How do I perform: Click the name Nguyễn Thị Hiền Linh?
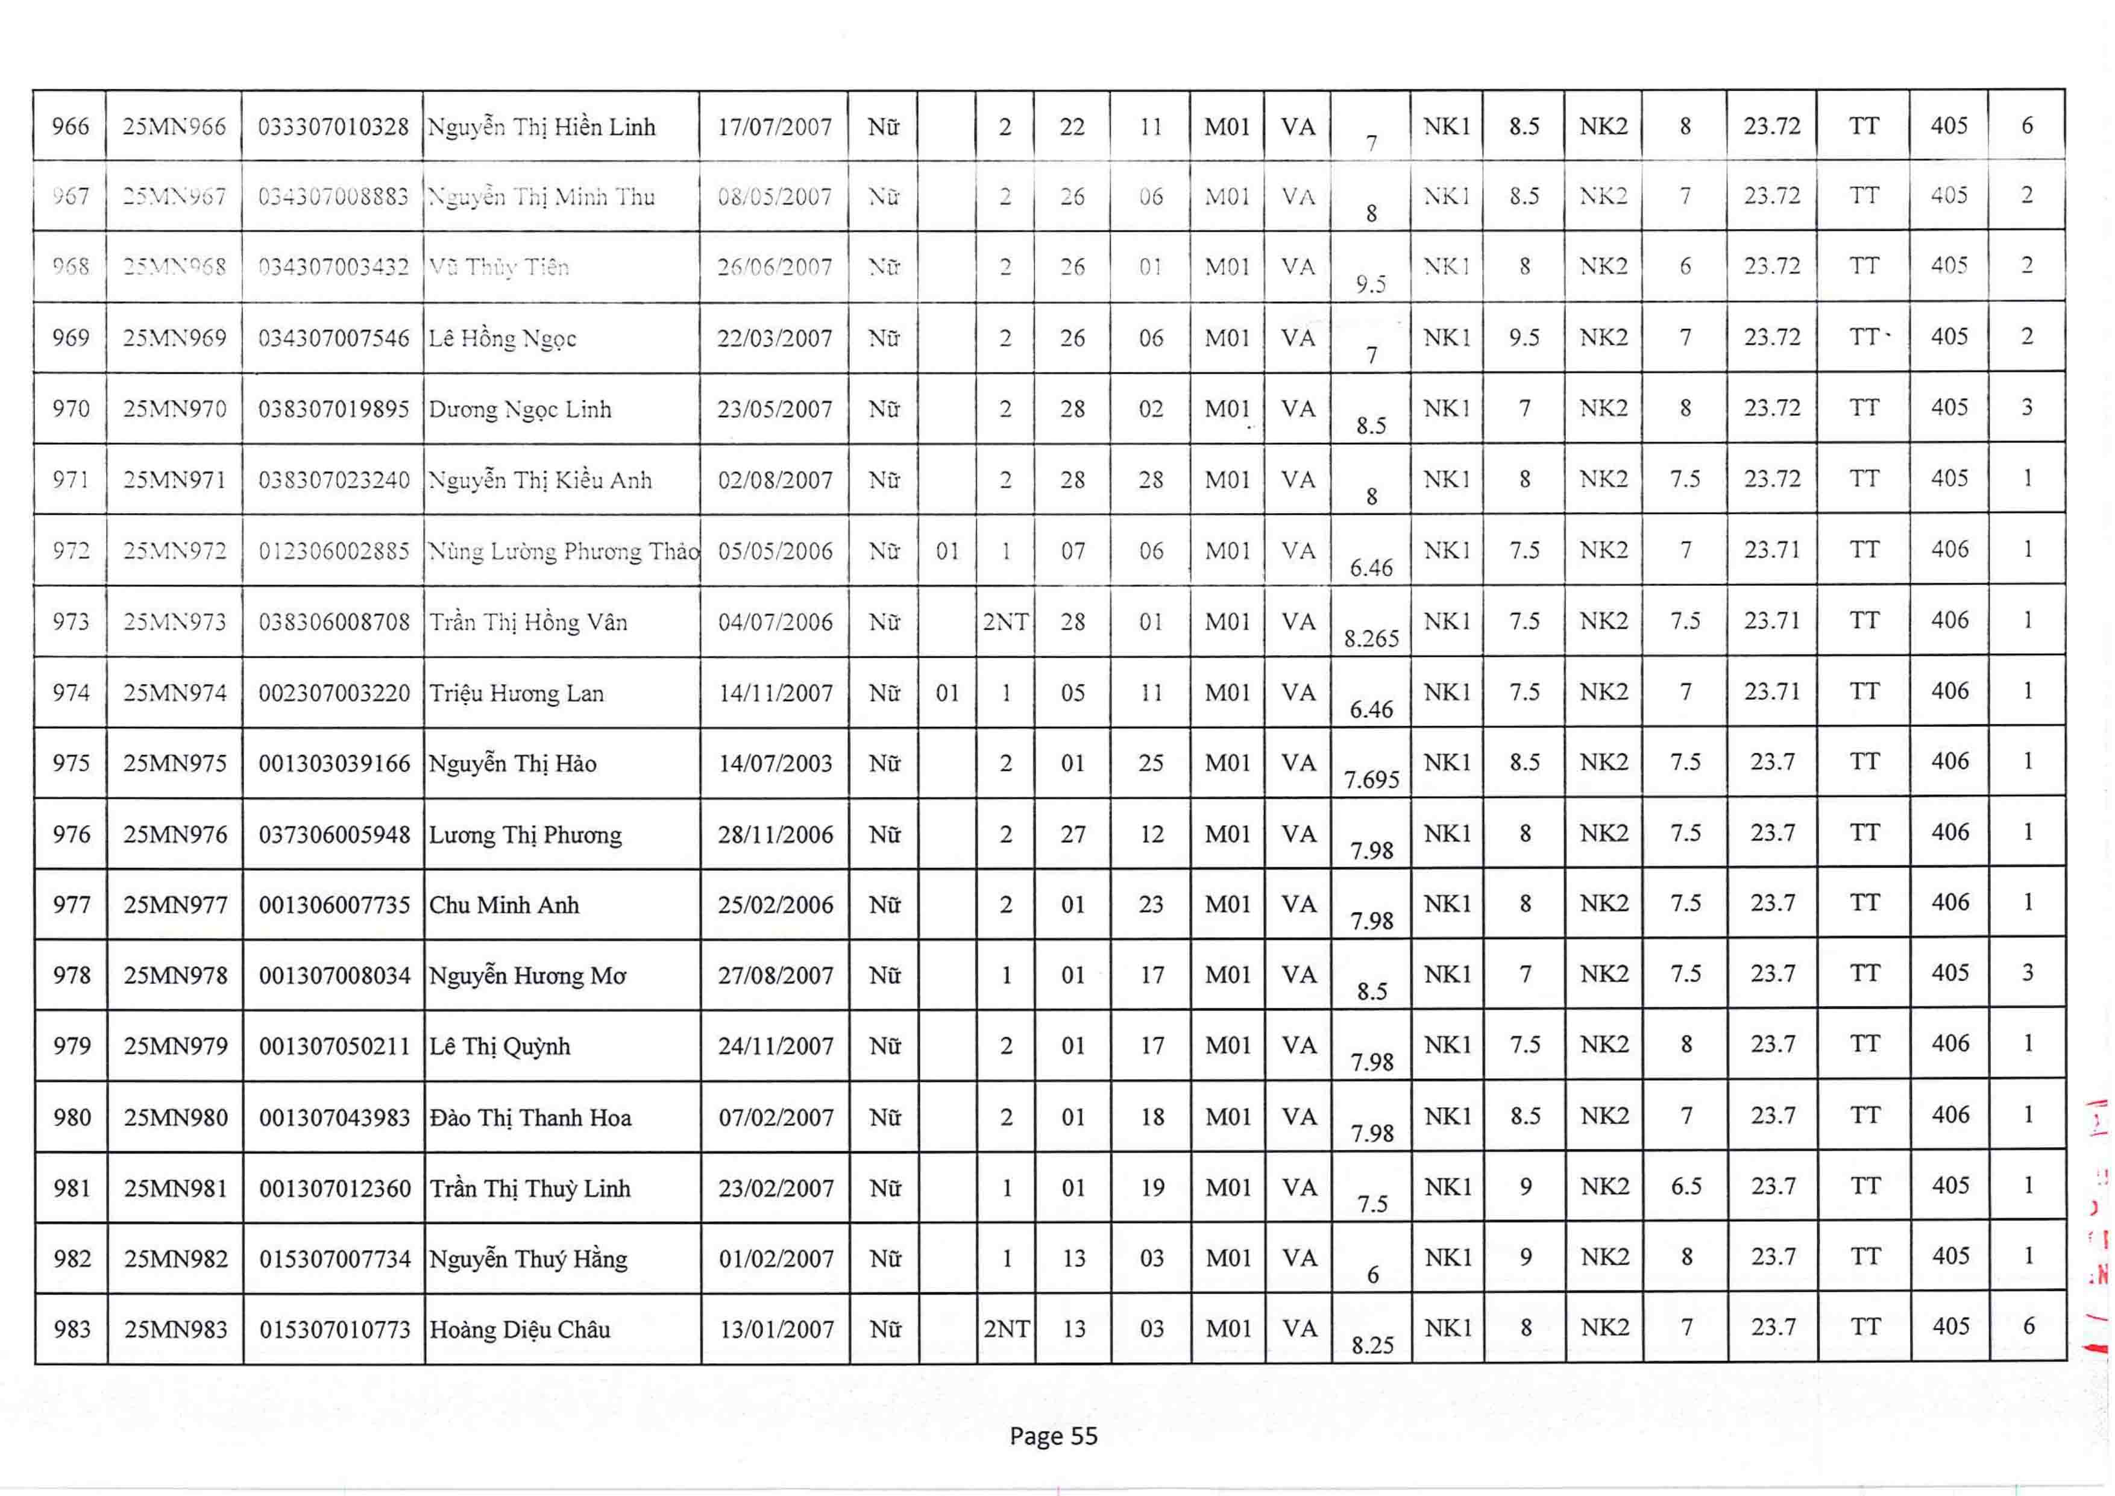[x=542, y=127]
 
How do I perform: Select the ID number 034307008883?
[x=333, y=197]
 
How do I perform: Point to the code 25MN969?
[x=174, y=338]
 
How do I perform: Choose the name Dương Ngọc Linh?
[x=520, y=410]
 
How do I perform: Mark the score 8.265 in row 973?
[x=1371, y=638]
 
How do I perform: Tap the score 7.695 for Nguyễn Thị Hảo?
[x=1371, y=780]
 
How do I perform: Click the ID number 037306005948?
[x=335, y=835]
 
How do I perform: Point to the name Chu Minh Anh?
[x=504, y=905]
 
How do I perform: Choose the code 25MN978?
[x=175, y=975]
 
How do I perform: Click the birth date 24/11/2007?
[x=776, y=1046]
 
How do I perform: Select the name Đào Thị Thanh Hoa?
[x=530, y=1118]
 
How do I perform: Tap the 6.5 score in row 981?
[x=1686, y=1186]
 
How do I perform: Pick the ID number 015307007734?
[x=335, y=1259]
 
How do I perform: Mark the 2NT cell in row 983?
[x=1006, y=1329]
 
